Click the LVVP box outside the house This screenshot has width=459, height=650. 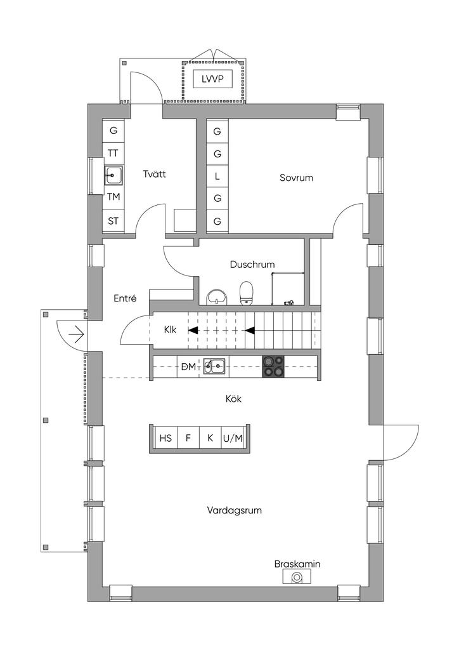[212, 79]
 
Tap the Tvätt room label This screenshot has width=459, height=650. [155, 174]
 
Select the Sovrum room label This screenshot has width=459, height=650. [296, 178]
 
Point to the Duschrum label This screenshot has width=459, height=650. [252, 265]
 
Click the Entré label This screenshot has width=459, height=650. [125, 298]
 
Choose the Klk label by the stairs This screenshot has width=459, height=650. [170, 330]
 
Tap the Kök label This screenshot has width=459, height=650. [233, 399]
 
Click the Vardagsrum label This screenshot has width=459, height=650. [235, 510]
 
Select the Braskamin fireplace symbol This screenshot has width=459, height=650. [297, 576]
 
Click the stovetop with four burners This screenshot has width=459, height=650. [274, 366]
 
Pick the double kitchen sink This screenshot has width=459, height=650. [214, 366]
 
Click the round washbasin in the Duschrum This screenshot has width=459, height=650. [217, 297]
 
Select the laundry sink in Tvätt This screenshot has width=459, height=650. [113, 176]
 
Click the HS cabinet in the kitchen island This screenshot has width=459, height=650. [165, 438]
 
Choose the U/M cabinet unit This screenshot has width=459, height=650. [233, 438]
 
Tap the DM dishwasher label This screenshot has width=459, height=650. [189, 366]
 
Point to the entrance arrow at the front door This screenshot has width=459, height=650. [77, 333]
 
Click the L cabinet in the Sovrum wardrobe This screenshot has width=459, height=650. [217, 176]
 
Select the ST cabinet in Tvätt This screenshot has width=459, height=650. [113, 221]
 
